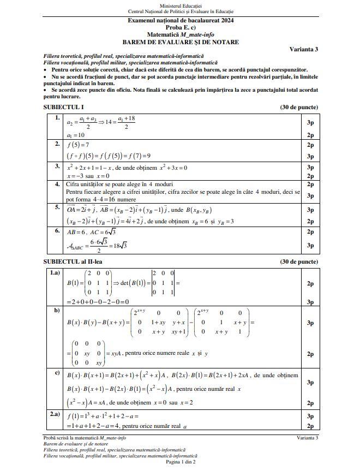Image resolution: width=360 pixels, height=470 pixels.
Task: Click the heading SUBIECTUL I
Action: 63,107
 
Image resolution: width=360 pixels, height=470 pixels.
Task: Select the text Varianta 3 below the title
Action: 304,49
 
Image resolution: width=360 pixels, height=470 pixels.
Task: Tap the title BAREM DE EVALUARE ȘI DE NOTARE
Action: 181,42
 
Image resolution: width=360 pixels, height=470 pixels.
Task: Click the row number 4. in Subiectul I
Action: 57,184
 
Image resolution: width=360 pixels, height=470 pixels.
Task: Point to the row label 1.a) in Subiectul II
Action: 55,272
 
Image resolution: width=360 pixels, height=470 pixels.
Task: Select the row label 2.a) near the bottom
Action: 55,414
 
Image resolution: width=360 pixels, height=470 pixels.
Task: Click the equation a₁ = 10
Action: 76,135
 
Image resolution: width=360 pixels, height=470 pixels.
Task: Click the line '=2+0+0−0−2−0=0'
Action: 98,301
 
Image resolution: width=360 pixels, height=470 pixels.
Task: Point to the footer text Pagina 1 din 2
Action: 181,462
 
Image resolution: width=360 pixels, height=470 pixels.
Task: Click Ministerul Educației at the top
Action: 181,5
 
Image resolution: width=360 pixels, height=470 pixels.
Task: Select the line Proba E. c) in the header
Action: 181,27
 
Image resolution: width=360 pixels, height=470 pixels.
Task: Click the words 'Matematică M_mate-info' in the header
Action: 181,34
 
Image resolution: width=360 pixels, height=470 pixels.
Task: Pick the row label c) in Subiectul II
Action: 56,372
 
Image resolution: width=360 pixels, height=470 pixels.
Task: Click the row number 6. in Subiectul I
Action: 57,231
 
